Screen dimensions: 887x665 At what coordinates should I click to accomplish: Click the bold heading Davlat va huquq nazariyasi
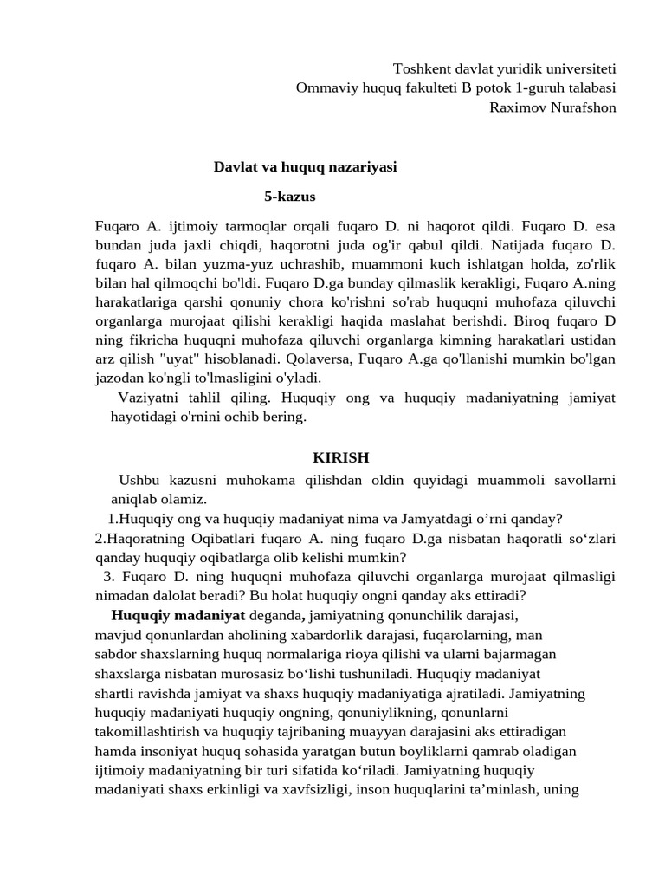click(305, 167)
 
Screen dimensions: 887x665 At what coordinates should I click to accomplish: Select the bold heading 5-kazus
click(290, 197)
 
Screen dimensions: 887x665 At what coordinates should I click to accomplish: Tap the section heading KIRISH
click(340, 457)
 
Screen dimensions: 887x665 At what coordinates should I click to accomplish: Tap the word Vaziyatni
click(146, 397)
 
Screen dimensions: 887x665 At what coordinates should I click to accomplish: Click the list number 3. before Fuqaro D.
click(108, 577)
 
